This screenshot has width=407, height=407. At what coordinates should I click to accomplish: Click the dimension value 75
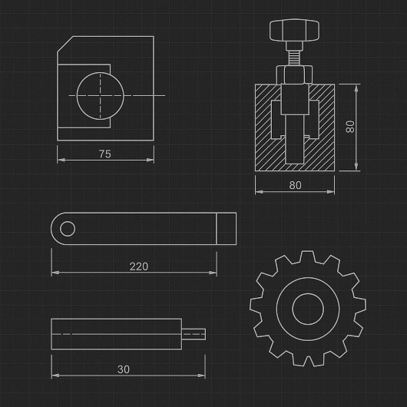(105, 154)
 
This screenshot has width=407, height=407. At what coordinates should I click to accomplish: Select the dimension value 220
(139, 266)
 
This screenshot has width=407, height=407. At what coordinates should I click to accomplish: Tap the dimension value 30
(124, 369)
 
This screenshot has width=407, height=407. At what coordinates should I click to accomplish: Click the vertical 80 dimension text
(350, 127)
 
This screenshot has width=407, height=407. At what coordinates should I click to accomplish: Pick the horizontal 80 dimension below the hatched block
(296, 185)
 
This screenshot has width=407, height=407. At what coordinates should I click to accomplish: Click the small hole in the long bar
(68, 229)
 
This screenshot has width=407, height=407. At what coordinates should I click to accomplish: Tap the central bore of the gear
(308, 309)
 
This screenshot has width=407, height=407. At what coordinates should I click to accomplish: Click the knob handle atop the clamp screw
(294, 30)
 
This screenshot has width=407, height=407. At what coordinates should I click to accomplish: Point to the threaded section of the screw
(294, 58)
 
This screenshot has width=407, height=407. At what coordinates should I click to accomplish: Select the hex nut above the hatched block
(294, 74)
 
